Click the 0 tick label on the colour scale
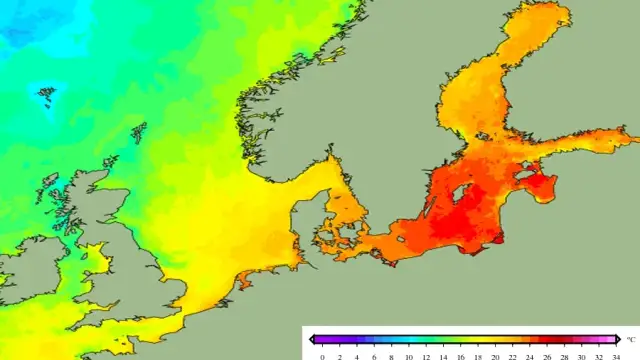click(x=322, y=355)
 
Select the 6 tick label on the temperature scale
click(x=374, y=355)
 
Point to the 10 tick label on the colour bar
click(x=409, y=355)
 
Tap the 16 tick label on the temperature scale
click(x=461, y=355)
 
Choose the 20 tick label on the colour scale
click(x=495, y=355)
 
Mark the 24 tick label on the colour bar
click(x=530, y=355)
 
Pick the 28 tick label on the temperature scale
click(x=564, y=355)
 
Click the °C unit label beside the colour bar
click(x=629, y=340)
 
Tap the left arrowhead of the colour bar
click(x=313, y=340)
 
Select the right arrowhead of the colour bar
click(x=620, y=340)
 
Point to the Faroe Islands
click(x=46, y=96)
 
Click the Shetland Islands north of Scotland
click(x=138, y=131)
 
